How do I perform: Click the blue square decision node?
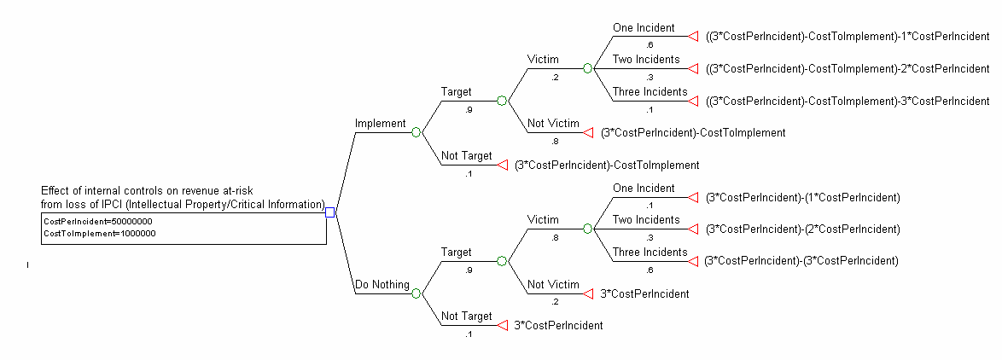coord(330,212)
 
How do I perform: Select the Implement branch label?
coord(380,124)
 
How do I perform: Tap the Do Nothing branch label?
coord(382,285)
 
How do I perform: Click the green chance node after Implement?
coord(417,132)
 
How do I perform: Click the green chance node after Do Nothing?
coord(417,293)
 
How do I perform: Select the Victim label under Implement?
coord(543,60)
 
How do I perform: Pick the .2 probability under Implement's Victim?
coord(556,77)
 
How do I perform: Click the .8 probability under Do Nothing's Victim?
coord(556,238)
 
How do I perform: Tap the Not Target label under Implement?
coord(466,156)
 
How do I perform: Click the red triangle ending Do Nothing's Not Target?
coord(503,325)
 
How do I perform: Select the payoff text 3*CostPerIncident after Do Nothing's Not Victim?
coord(644,293)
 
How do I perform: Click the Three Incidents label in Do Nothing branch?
coord(650,253)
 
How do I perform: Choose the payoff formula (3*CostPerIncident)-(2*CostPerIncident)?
coord(802,229)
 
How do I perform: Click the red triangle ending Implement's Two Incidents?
coord(692,68)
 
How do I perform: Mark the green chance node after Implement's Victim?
coord(587,68)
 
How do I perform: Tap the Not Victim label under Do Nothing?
coord(553,285)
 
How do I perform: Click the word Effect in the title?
coord(55,191)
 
